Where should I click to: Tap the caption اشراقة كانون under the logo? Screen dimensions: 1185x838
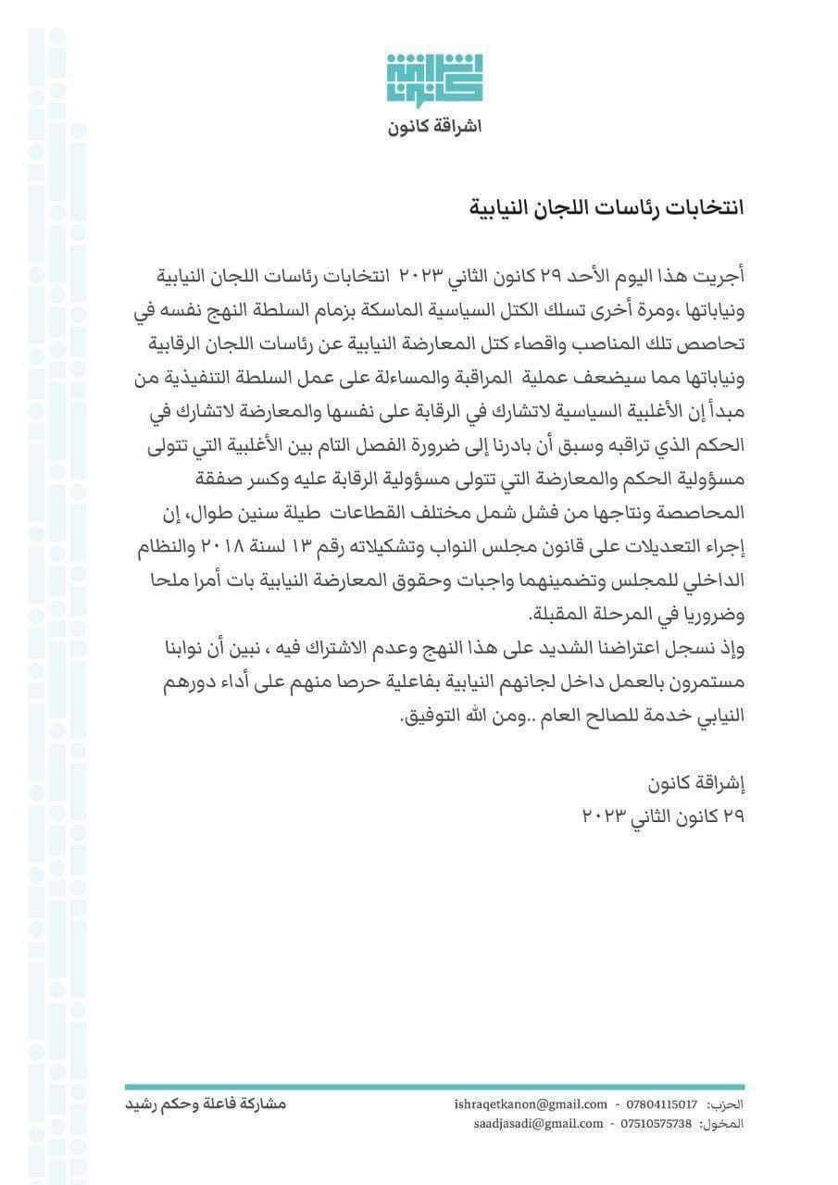click(x=435, y=126)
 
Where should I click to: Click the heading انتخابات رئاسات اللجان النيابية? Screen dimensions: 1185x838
click(x=603, y=206)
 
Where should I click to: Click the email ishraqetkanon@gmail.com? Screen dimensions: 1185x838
click(x=532, y=1104)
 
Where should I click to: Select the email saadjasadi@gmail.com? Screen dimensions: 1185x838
click(x=538, y=1124)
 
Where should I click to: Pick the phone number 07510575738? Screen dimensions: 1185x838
click(x=658, y=1124)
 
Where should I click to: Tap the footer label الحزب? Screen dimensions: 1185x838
click(x=726, y=1104)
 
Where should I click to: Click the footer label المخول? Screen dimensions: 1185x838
click(x=722, y=1124)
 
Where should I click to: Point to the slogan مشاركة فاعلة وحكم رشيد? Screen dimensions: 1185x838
click(x=206, y=1104)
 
